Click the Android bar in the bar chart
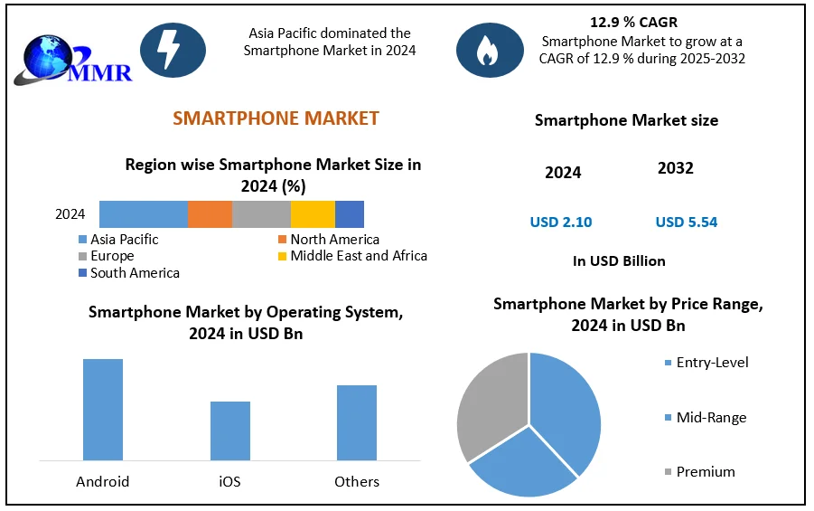pos(103,410)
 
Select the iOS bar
pos(230,431)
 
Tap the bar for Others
pos(357,422)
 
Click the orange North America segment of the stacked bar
pos(210,214)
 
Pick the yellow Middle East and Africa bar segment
pos(313,214)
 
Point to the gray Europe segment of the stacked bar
pos(261,214)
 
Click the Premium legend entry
pos(705,472)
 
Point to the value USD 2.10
pos(561,222)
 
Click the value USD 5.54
pos(687,222)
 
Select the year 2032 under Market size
pos(676,169)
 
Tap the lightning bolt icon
pos(173,50)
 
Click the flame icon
pos(489,50)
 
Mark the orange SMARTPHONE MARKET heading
pos(276,118)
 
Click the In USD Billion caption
pos(619,261)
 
